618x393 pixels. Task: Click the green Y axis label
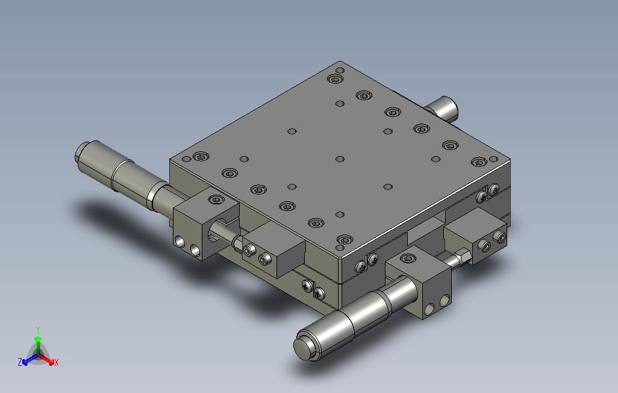coord(38,330)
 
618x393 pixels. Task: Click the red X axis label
coord(57,362)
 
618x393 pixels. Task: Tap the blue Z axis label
coord(20,362)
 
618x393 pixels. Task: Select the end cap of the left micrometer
coord(80,153)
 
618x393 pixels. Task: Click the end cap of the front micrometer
coord(304,346)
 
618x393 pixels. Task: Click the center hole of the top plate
coord(340,159)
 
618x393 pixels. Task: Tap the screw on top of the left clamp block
coord(215,200)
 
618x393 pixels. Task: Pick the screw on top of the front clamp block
coord(408,259)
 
